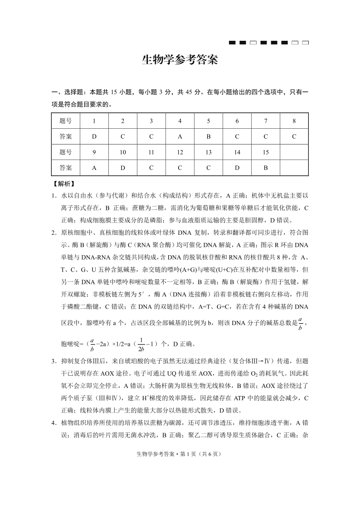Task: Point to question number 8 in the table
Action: [294, 121]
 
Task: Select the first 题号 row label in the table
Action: [66, 121]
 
